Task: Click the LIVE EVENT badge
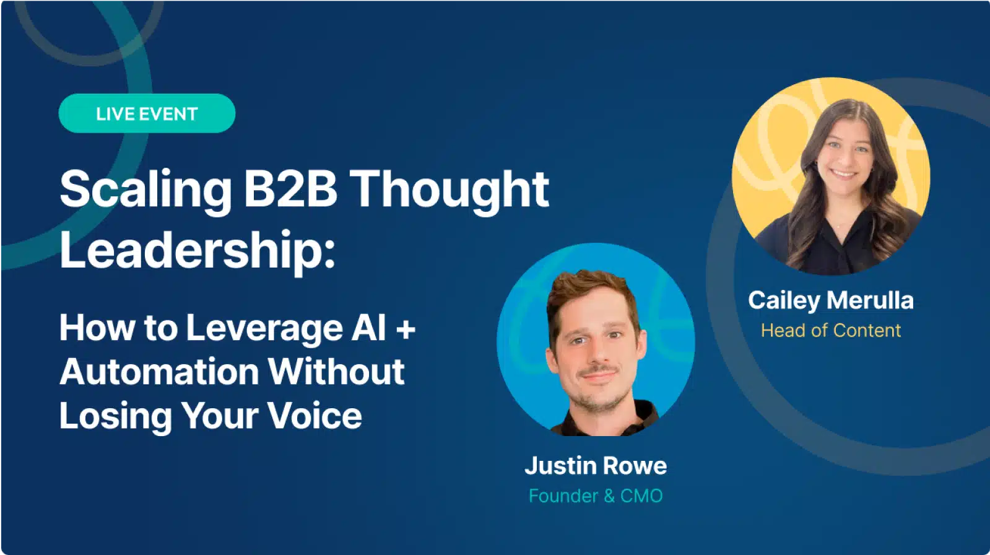[147, 113]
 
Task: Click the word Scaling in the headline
[146, 190]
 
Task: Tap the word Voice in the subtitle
[315, 416]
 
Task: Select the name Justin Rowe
[596, 465]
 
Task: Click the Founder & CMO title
[596, 496]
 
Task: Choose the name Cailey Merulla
[830, 300]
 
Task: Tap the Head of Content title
[830, 330]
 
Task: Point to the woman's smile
[843, 174]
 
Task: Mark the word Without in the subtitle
[336, 372]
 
